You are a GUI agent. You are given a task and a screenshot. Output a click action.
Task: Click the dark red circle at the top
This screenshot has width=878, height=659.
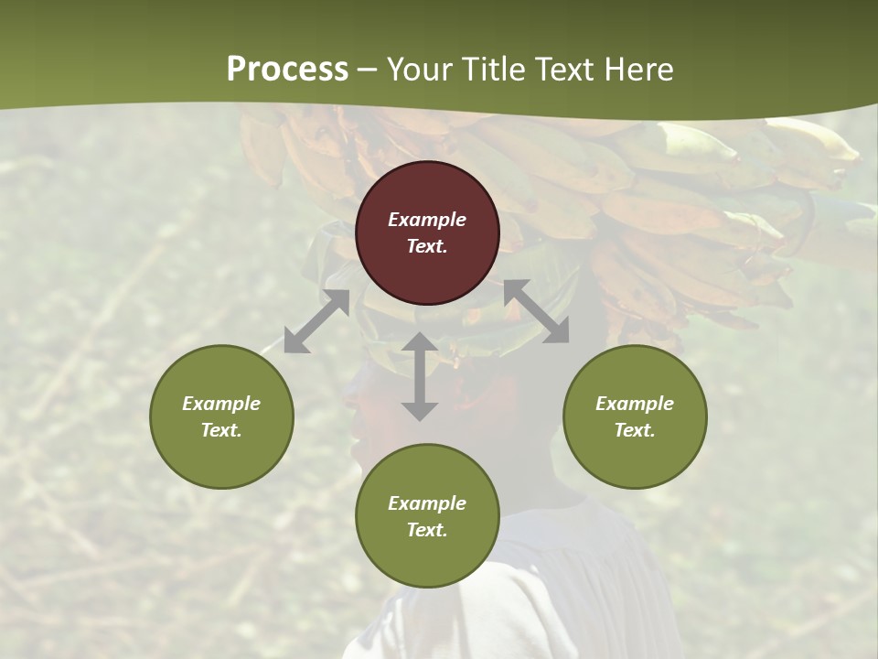pyautogui.click(x=427, y=232)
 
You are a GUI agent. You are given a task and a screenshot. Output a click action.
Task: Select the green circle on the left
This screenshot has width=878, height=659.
pyautogui.click(x=221, y=416)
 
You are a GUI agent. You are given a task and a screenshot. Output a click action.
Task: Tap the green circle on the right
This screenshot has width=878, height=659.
pyautogui.click(x=635, y=416)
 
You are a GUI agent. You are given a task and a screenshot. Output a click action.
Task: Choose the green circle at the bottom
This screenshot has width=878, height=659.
pyautogui.click(x=427, y=515)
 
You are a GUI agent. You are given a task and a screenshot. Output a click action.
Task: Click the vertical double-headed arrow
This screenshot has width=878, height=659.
pyautogui.click(x=420, y=376)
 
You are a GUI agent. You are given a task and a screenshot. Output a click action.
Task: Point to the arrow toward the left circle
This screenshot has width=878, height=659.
pyautogui.click(x=316, y=321)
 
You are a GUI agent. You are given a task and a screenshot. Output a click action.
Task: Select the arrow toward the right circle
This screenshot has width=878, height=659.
pyautogui.click(x=536, y=311)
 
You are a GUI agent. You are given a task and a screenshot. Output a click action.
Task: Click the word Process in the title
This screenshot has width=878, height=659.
pyautogui.click(x=287, y=70)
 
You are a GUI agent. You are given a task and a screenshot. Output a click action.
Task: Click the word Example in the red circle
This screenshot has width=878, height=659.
pyautogui.click(x=427, y=220)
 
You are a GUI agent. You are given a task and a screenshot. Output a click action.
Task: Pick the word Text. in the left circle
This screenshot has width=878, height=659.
pyautogui.click(x=221, y=430)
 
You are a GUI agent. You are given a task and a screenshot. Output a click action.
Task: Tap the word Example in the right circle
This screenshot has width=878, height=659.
pyautogui.click(x=635, y=404)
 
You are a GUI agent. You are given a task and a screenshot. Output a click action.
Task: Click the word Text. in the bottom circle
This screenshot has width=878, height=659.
pyautogui.click(x=427, y=530)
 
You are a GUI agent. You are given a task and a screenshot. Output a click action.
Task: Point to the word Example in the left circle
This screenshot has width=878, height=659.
pyautogui.click(x=221, y=404)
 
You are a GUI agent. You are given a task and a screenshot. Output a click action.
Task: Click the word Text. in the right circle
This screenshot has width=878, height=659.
pyautogui.click(x=635, y=430)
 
